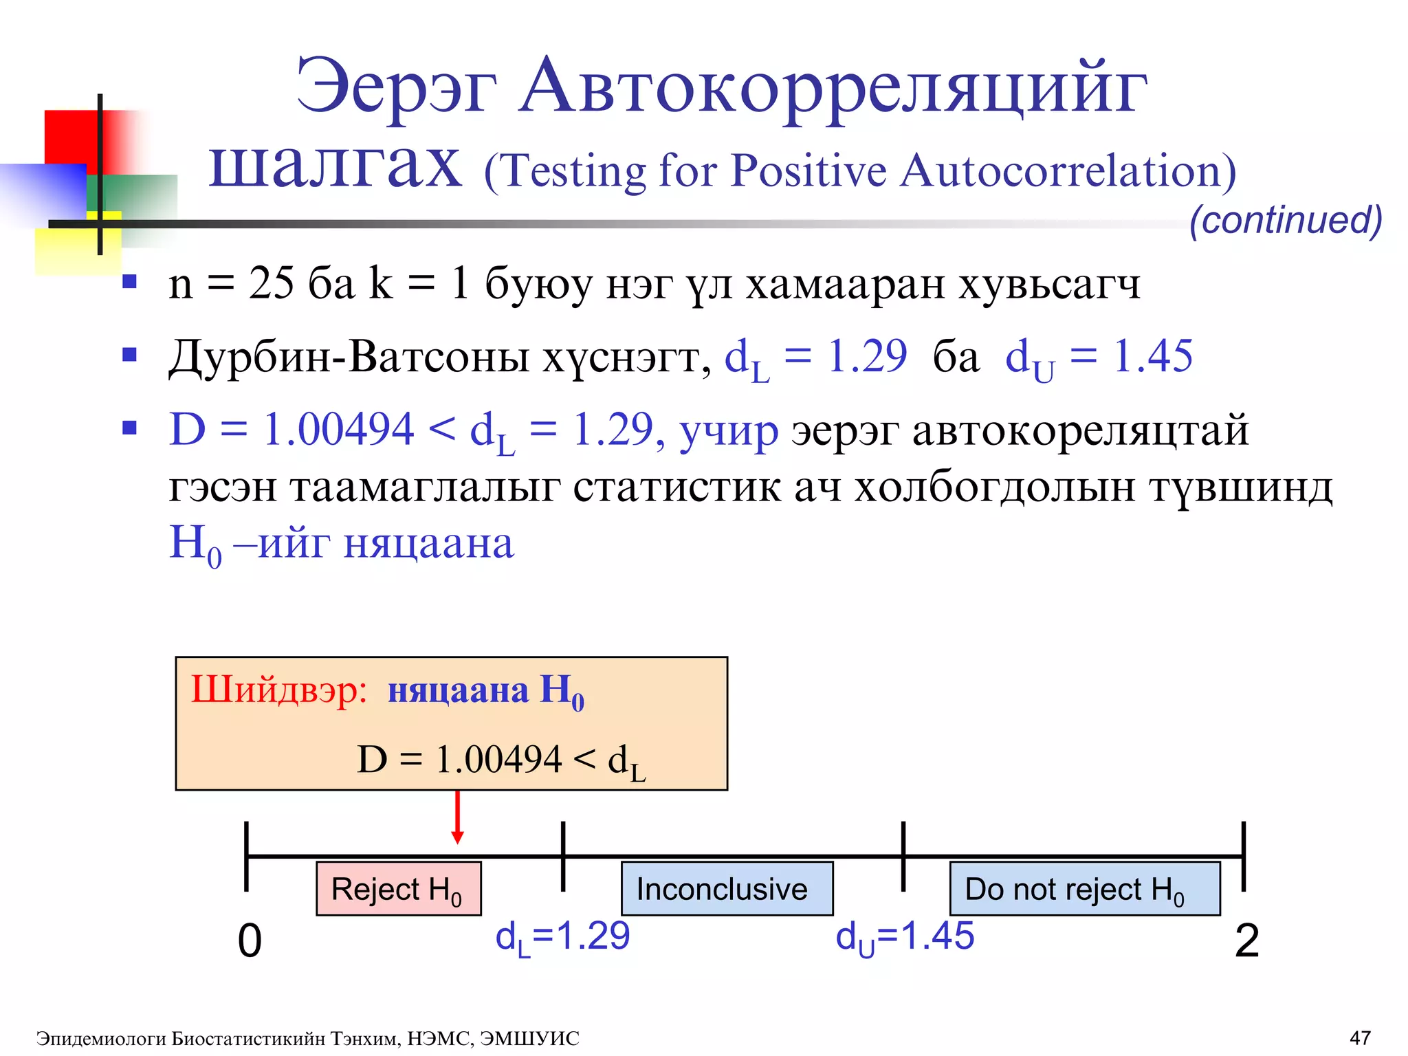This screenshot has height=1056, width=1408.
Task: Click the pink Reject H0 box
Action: pyautogui.click(x=398, y=888)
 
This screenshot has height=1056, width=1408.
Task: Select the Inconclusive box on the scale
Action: pyautogui.click(x=727, y=888)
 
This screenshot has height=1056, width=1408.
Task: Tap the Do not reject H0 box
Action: pyautogui.click(x=1084, y=888)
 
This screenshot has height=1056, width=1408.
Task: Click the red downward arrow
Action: pyautogui.click(x=457, y=818)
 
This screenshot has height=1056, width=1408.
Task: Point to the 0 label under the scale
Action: pyautogui.click(x=250, y=940)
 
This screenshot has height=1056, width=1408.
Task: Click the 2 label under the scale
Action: pyautogui.click(x=1246, y=940)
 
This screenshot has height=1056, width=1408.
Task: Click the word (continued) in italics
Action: pyautogui.click(x=1285, y=220)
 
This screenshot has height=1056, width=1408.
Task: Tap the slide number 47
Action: pyautogui.click(x=1360, y=1037)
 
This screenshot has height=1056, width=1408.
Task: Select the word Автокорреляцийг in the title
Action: pyautogui.click(x=833, y=87)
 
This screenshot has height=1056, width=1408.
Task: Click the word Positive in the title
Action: pyautogui.click(x=808, y=170)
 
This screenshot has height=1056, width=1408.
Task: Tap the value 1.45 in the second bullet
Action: pyautogui.click(x=1153, y=356)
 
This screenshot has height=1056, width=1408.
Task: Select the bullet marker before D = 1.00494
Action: pyautogui.click(x=129, y=428)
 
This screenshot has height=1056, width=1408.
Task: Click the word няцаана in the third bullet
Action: pyautogui.click(x=428, y=543)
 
